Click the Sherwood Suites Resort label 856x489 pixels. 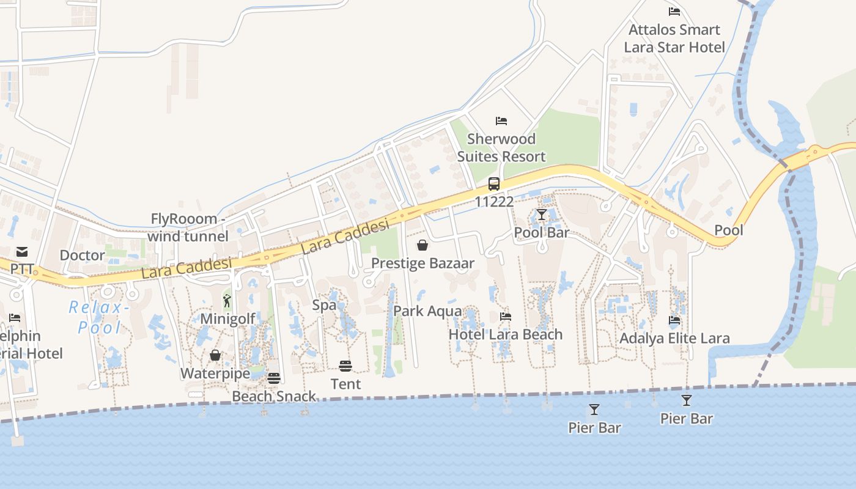[501, 148]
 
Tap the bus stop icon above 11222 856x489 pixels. [494, 183]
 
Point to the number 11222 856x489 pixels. [494, 201]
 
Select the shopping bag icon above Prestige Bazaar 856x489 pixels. [422, 245]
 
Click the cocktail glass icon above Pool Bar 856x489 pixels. [541, 215]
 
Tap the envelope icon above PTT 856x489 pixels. [22, 251]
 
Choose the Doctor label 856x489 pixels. [83, 255]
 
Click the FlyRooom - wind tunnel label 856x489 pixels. [188, 227]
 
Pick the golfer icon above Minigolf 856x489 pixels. [227, 301]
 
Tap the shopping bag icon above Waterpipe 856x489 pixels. [215, 355]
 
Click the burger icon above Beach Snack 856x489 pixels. [273, 378]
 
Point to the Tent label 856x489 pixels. [346, 384]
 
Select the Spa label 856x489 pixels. [324, 305]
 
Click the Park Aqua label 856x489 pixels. [427, 311]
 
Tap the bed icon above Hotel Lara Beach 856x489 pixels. [506, 317]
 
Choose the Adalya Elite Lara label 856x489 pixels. [674, 338]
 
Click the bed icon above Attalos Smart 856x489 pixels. [674, 11]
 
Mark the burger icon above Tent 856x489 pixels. [345, 366]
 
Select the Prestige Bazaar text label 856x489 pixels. [423, 263]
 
